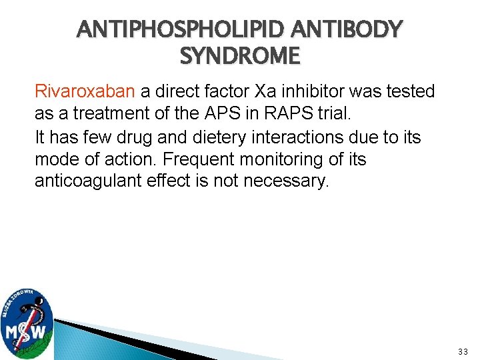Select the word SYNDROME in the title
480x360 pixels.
(x=240, y=56)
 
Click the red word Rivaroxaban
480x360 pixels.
(x=85, y=91)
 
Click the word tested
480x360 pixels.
(x=409, y=91)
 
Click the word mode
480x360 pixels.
(x=56, y=160)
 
